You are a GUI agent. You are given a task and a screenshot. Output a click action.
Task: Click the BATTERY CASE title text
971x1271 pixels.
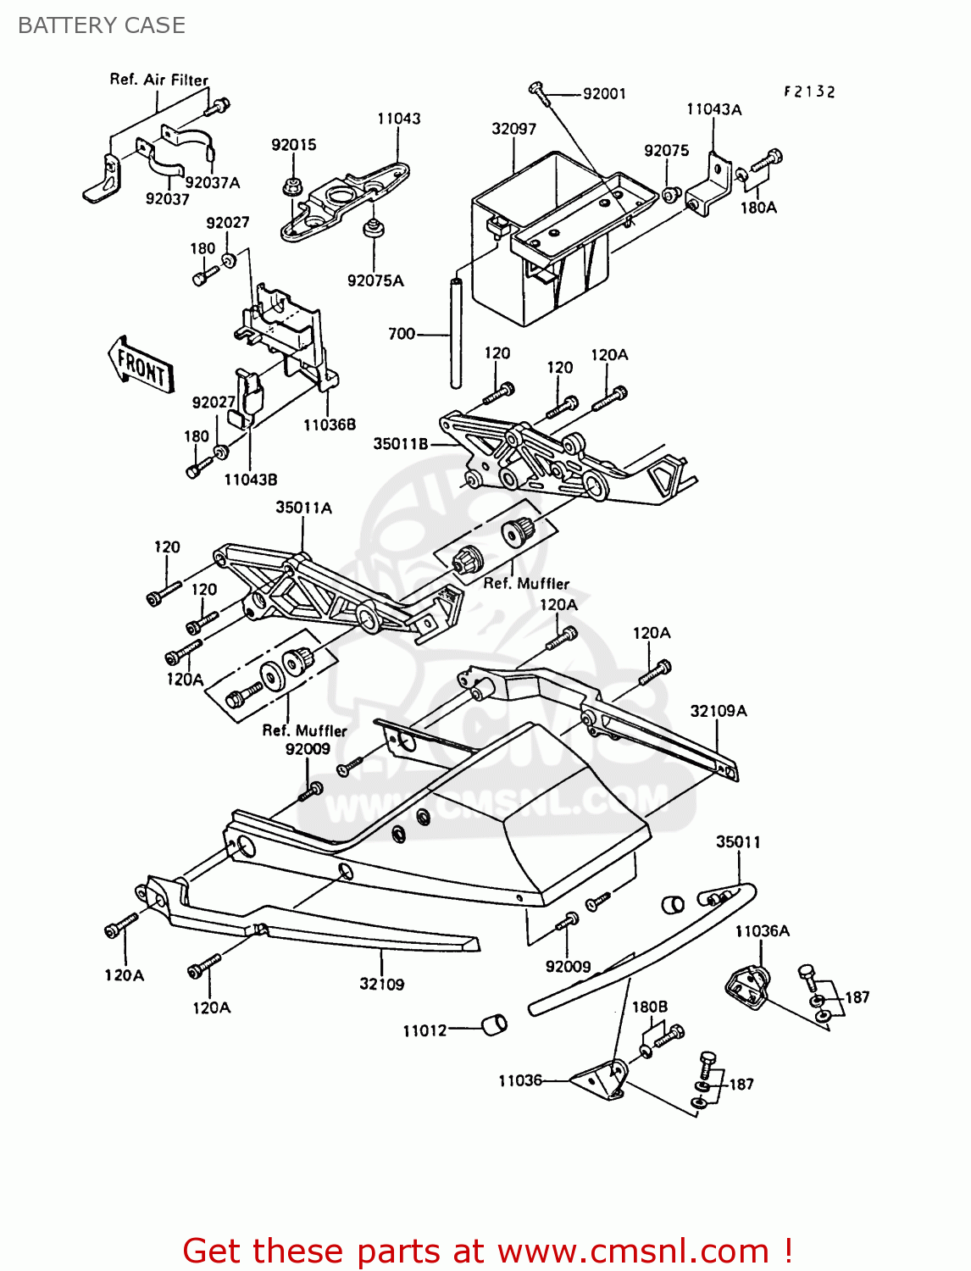click(102, 25)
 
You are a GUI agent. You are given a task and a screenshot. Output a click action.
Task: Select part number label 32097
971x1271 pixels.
click(513, 129)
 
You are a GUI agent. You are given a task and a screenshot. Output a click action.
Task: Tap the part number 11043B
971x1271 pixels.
click(250, 480)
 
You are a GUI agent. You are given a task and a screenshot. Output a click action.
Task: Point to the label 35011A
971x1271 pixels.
click(303, 508)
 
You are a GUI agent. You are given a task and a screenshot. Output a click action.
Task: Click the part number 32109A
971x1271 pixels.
click(719, 711)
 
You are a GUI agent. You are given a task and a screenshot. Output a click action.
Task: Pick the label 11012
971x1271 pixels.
click(424, 1030)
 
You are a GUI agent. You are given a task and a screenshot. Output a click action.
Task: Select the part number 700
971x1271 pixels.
click(402, 334)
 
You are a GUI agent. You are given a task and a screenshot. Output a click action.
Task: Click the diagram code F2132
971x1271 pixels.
click(809, 92)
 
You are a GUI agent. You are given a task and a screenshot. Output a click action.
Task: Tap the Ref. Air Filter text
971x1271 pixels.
click(158, 80)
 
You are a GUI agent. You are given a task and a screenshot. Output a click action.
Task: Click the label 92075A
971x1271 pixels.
click(375, 280)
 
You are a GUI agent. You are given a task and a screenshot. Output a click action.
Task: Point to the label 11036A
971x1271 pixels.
click(762, 931)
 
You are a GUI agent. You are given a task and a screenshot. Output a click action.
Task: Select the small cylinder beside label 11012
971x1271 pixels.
click(494, 1024)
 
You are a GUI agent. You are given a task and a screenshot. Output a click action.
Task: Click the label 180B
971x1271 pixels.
click(650, 1007)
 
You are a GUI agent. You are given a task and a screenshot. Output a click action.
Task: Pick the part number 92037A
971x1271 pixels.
click(213, 182)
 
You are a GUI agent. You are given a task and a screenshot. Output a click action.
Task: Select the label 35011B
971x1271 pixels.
click(402, 443)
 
